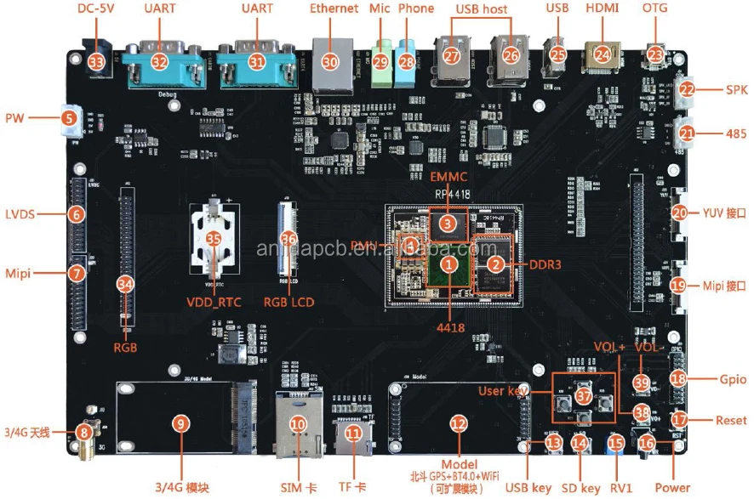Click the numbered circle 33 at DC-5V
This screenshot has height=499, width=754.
click(97, 62)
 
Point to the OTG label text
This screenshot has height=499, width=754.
click(655, 9)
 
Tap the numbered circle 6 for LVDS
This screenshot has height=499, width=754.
click(77, 214)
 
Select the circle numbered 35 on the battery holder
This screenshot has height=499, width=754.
click(214, 240)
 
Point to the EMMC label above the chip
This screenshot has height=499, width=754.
click(448, 178)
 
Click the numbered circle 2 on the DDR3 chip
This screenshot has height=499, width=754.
click(494, 264)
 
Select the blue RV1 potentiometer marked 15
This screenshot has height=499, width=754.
click(615, 442)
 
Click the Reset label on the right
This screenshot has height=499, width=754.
click(731, 419)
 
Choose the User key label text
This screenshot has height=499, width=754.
click(500, 390)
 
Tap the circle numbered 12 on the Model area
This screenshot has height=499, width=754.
click(458, 422)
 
